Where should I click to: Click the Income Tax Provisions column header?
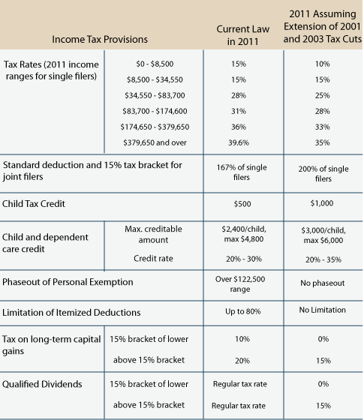(x=100, y=39)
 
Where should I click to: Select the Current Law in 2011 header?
(x=243, y=35)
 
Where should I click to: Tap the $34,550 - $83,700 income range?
(x=155, y=95)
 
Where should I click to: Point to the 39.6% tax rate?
(x=239, y=142)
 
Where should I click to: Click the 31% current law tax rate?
(x=239, y=111)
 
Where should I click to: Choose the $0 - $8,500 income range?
(x=155, y=64)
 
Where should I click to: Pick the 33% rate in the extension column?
(x=322, y=127)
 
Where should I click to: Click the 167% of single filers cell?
(x=242, y=172)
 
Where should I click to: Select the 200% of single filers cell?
(x=323, y=173)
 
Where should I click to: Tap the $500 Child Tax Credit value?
(x=242, y=204)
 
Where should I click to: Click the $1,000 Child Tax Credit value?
(x=322, y=203)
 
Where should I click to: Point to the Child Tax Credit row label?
(x=34, y=204)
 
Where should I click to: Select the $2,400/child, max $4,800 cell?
(x=244, y=234)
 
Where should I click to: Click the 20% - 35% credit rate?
(x=323, y=259)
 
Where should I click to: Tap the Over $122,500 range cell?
(x=240, y=284)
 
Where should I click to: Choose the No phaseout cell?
(x=323, y=283)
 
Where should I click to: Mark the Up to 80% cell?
(x=243, y=311)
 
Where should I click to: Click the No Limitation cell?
(x=323, y=310)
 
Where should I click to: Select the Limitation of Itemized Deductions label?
(x=71, y=312)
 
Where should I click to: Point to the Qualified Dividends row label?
(x=42, y=384)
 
